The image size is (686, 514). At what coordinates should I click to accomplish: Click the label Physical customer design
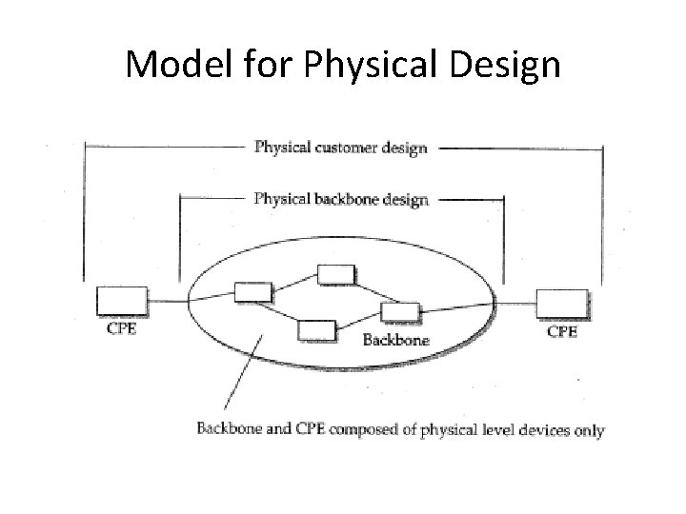pyautogui.click(x=341, y=148)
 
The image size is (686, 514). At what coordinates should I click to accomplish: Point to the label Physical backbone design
pyautogui.click(x=341, y=199)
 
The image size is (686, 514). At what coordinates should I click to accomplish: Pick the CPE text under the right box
pyautogui.click(x=561, y=333)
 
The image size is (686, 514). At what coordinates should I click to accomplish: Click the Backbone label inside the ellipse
pyautogui.click(x=396, y=339)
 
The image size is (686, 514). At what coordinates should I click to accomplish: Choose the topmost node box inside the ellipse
pyautogui.click(x=335, y=273)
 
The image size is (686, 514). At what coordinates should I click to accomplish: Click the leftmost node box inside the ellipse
pyautogui.click(x=252, y=291)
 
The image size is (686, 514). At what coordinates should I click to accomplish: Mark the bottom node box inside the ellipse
pyautogui.click(x=316, y=329)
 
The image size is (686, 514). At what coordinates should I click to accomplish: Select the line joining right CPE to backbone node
pyautogui.click(x=476, y=305)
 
